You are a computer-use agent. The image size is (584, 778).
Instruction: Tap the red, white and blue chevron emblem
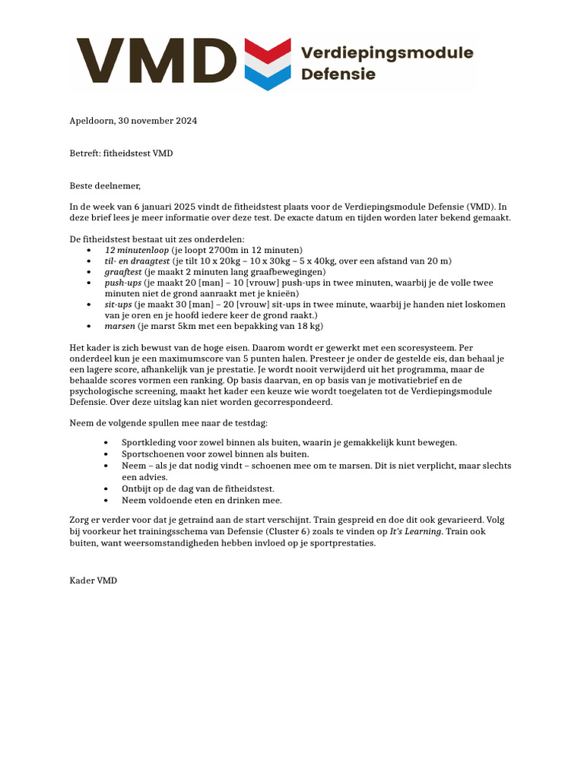click(267, 64)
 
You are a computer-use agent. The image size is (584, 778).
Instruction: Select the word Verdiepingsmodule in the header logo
click(387, 53)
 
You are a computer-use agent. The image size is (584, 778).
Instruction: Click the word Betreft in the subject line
click(84, 153)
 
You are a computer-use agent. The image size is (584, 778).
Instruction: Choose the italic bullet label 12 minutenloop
click(137, 250)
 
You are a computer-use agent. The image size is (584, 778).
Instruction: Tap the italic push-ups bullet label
click(123, 283)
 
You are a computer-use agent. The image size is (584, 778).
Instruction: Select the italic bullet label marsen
click(120, 326)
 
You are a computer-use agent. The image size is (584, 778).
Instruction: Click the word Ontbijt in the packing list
click(137, 489)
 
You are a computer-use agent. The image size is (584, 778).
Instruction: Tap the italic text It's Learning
click(414, 532)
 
